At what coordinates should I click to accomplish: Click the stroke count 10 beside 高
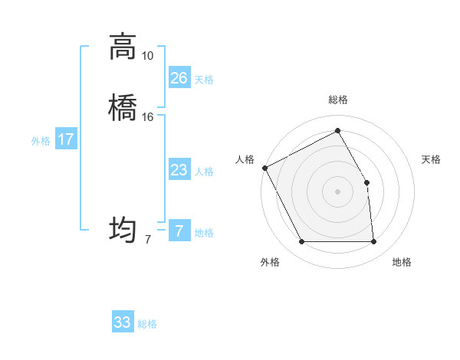click(147, 56)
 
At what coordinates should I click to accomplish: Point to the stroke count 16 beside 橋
click(147, 117)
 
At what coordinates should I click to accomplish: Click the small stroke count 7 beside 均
click(147, 240)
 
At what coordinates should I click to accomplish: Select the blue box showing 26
click(179, 77)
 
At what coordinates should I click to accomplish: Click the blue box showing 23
click(179, 169)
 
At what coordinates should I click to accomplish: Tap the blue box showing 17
click(65, 139)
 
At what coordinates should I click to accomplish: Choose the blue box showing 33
click(122, 322)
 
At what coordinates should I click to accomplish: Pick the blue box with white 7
click(179, 231)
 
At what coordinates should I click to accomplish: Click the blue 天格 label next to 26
click(204, 79)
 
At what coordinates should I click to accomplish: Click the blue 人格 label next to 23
click(204, 171)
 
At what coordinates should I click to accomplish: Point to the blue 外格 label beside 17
click(41, 140)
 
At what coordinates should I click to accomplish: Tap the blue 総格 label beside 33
click(147, 323)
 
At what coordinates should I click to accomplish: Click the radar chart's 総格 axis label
click(337, 100)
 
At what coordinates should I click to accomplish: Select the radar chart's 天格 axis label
click(432, 159)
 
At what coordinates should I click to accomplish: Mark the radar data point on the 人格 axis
click(264, 168)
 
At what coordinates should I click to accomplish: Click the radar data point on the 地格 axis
click(374, 242)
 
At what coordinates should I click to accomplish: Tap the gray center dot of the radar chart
click(337, 191)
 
